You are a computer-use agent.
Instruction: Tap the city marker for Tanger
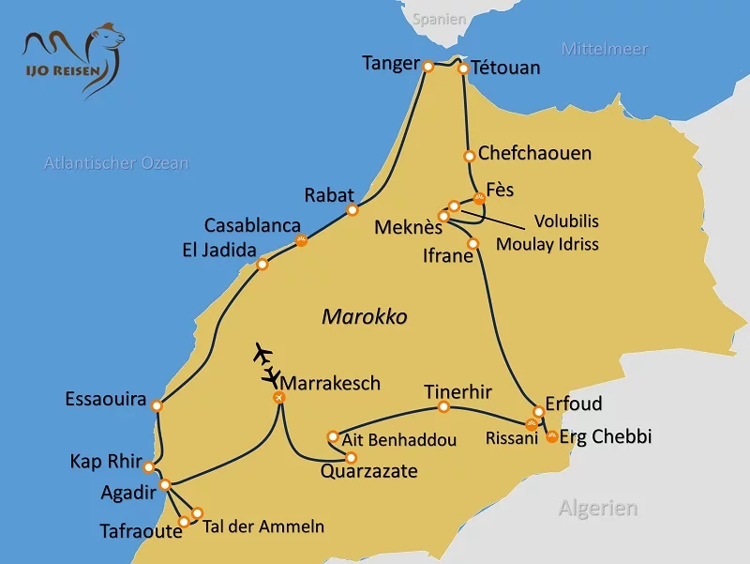tap(427, 67)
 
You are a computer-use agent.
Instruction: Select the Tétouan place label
tap(506, 68)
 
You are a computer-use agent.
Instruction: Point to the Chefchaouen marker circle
tap(469, 156)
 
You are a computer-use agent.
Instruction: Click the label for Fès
tap(501, 189)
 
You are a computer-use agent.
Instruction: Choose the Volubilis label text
tap(566, 221)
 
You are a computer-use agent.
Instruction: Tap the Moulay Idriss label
tap(561, 244)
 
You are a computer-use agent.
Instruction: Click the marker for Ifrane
tap(473, 244)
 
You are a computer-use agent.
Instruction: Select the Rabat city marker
tap(352, 210)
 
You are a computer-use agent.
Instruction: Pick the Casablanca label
tap(252, 226)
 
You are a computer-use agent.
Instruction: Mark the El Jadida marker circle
tap(262, 265)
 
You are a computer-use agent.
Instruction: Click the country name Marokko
tap(365, 316)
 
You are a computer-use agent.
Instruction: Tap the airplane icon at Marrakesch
tap(266, 364)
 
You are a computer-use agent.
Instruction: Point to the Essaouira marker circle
tap(157, 406)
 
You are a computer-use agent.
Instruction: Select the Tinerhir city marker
tap(444, 407)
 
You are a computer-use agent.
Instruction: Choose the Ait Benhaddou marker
tap(333, 436)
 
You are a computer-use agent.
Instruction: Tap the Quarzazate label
tap(369, 471)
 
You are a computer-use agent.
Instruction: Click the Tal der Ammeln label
tap(263, 526)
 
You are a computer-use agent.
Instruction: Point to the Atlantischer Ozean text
tap(116, 163)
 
